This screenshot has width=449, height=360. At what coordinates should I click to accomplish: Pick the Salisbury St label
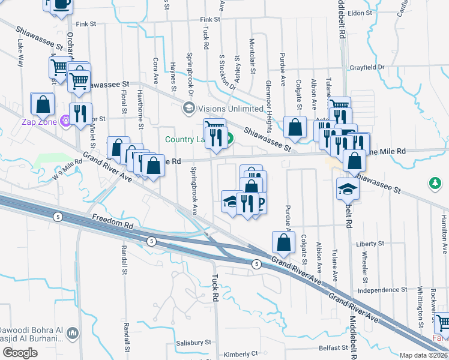tap(194, 342)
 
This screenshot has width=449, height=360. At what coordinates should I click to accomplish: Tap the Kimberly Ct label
tap(241, 354)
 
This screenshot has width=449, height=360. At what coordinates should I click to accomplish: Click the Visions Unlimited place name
tap(231, 109)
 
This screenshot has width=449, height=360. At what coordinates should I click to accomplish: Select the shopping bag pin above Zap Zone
tap(43, 104)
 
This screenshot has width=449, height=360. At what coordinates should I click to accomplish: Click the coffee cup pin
tap(60, 5)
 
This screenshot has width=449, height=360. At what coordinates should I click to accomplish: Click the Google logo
tap(20, 353)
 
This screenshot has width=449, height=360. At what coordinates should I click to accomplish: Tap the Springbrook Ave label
tap(194, 191)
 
